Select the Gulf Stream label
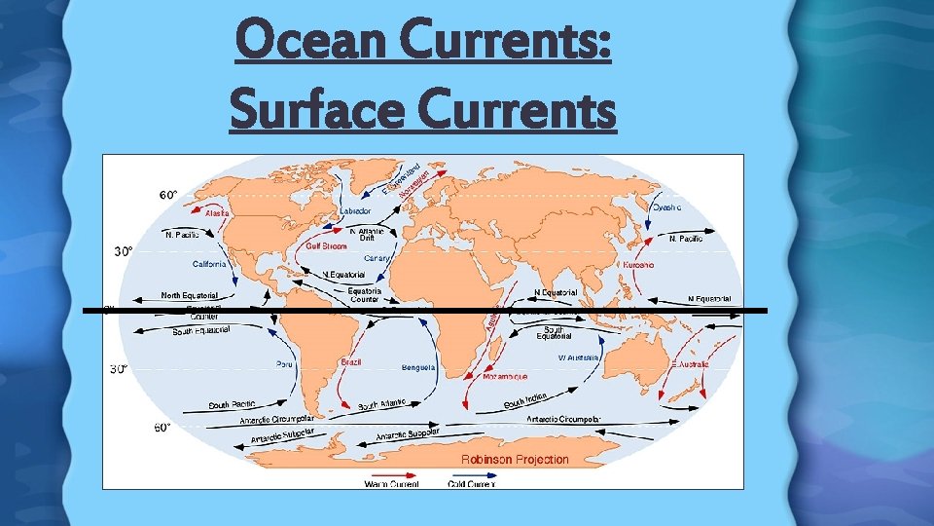[x=327, y=245]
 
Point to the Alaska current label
[x=217, y=212]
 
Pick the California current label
[x=208, y=263]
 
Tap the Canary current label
[x=377, y=258]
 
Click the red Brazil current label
[x=351, y=361]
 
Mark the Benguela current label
[x=418, y=367]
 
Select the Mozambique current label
[x=506, y=376]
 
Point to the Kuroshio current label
[x=637, y=265]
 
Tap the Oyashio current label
[x=666, y=207]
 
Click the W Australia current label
[x=578, y=357]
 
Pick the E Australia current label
[x=690, y=363]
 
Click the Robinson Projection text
[x=515, y=459]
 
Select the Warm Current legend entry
[x=393, y=483]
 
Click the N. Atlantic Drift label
[x=367, y=234]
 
